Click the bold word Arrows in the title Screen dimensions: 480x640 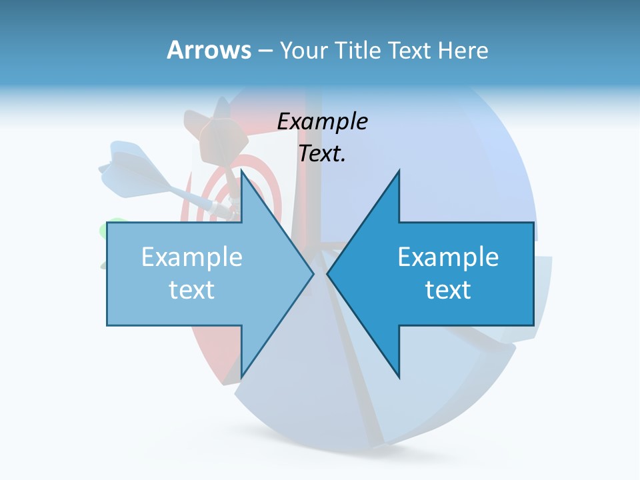209,50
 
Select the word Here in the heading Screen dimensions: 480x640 463,51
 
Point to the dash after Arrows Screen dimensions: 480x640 265,51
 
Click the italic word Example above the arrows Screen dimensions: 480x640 322,121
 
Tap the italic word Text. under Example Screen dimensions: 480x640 322,153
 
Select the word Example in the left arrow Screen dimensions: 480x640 192,257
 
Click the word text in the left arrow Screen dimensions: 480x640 192,289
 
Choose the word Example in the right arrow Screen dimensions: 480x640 448,257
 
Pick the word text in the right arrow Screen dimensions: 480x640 448,289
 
